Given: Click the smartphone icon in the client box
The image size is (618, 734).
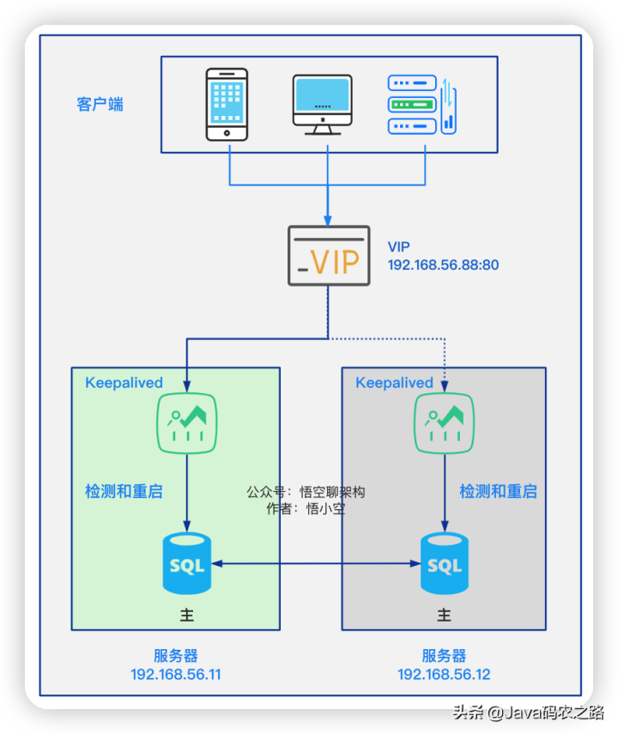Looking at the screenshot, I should pos(227,104).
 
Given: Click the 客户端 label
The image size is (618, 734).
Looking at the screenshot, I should pos(100,105).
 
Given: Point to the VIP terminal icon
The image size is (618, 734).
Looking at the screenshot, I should pos(328,256).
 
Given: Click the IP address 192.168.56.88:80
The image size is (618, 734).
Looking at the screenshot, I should pos(443,265).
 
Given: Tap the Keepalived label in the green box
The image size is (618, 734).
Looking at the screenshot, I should pos(124,383).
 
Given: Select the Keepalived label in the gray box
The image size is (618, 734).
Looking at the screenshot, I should pos(395,383).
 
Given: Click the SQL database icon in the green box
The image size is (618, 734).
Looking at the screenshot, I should pos(187,563).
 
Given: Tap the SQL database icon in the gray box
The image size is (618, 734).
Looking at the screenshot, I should pos(444,563).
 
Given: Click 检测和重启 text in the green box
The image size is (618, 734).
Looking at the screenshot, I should pos(124,492).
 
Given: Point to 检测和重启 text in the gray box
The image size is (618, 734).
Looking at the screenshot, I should pos(498,492).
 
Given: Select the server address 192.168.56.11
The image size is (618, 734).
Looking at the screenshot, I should pos(176,674).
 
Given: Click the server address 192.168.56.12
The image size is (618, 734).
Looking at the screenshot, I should pos(444,674).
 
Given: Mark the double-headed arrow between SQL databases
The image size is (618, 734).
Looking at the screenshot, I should pos(315,564).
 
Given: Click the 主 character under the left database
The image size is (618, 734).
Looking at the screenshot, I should pos(187,615).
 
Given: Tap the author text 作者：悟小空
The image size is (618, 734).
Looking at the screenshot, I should pos(306,509).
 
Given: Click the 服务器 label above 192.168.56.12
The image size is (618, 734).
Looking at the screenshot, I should pos(444,656).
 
